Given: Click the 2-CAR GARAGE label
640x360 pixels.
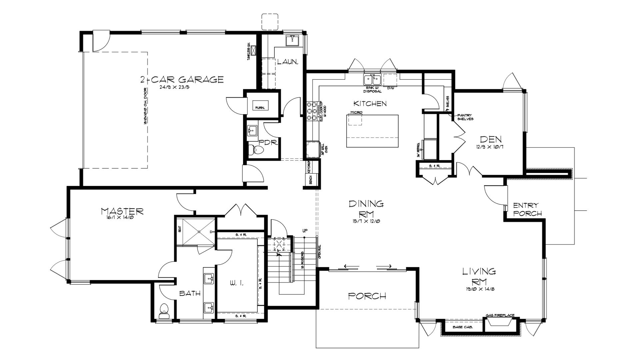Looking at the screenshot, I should coord(182,80).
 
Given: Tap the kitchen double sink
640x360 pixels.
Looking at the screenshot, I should coord(372,80).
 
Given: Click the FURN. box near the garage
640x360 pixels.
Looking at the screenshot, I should coord(260,105).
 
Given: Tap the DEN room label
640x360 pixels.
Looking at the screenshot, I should coord(491,139).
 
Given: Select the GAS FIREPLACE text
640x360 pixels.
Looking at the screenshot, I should coord(500,315).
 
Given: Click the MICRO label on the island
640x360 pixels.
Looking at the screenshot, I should coord(356,113).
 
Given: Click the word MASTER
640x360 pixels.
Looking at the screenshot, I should coord(122,211).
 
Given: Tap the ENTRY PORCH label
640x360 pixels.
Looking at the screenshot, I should coord(527,209).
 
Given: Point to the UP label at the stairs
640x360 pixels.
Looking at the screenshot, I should coord(305,231).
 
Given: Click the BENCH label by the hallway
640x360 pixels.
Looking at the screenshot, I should coord(310,179).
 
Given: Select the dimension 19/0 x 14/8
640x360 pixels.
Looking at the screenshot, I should coord(479,289).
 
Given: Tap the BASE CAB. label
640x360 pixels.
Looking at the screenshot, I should coord(461,327).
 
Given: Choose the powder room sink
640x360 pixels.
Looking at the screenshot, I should coord(253,130).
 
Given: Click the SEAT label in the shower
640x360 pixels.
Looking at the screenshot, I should coord(180,229).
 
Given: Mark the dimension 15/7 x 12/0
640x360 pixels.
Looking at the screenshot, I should coord(366,221).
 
